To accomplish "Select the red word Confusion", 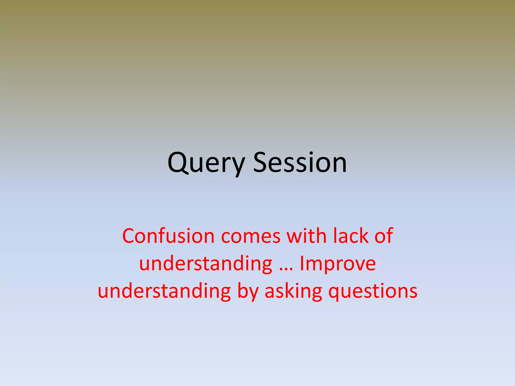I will click(x=168, y=236).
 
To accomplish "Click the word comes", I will click(x=251, y=236).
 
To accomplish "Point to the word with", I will click(x=307, y=236).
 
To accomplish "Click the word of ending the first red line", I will click(x=383, y=236).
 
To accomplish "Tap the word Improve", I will click(x=338, y=264).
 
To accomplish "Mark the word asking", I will click(x=293, y=292).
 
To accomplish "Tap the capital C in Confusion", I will click(x=129, y=236).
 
